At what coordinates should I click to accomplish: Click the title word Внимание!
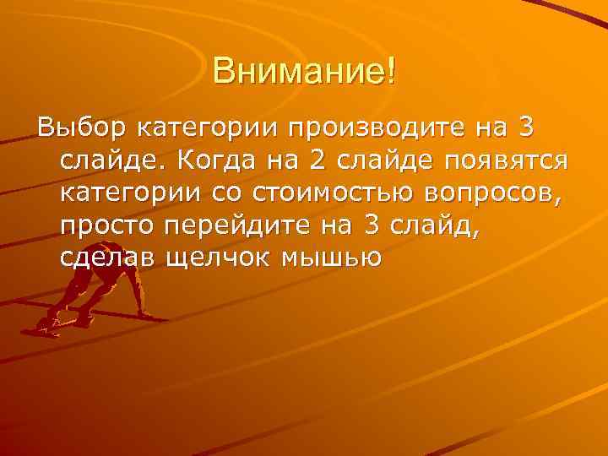[304, 70]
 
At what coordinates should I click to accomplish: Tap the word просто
[108, 225]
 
